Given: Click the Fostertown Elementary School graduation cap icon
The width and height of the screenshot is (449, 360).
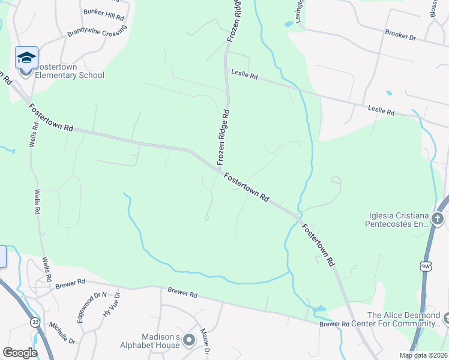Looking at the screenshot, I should (26, 58).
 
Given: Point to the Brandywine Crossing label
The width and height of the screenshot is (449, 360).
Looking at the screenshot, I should (97, 31).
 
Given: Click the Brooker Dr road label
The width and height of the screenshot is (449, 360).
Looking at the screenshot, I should (400, 37).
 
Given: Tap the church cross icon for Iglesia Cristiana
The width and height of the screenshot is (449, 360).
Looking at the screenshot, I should (438, 218).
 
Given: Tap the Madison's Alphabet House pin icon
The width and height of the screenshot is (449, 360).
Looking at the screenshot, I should (189, 341).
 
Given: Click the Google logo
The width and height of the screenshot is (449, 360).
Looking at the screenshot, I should (20, 352).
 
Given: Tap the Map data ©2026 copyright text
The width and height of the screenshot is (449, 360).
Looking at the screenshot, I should (423, 355).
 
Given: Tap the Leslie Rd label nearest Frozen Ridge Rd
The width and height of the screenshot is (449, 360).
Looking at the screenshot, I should (244, 76).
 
